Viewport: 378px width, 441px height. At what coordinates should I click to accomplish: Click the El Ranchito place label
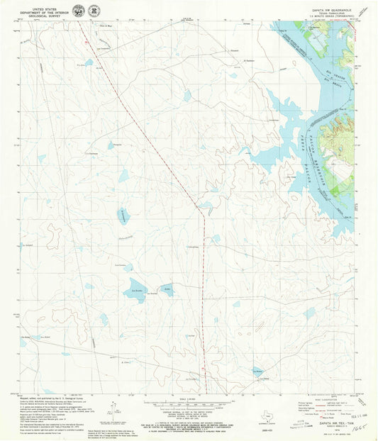(248, 62)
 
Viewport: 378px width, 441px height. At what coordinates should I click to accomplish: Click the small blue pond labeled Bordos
(165, 289)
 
